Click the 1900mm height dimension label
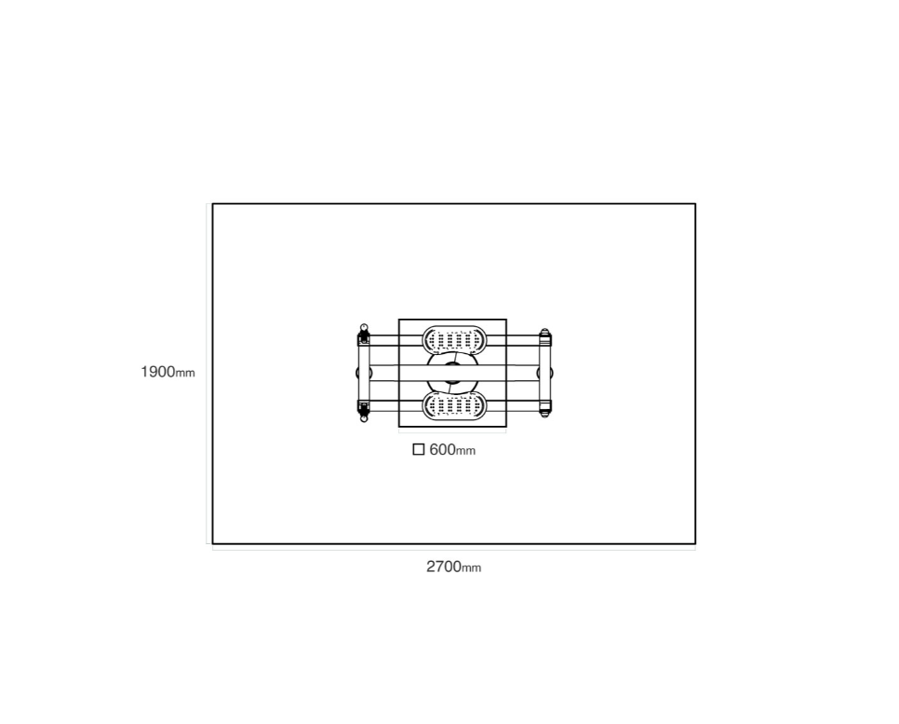pos(168,372)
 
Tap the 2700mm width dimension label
pos(453,567)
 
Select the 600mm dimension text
pos(452,449)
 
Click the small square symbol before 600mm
pos(419,449)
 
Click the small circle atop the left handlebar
pos(364,327)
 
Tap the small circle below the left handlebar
pos(364,418)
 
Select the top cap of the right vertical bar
pos(544,332)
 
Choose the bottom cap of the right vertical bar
pos(544,414)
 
